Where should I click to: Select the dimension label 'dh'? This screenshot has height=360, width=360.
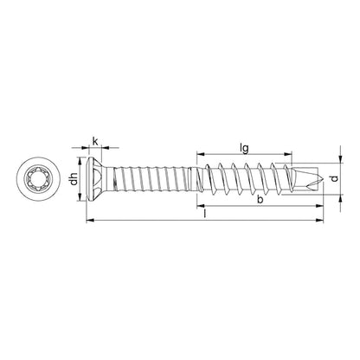click(74, 181)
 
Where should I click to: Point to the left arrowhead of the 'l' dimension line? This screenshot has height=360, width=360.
click(89, 222)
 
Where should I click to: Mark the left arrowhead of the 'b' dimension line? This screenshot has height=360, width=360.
click(201, 208)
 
